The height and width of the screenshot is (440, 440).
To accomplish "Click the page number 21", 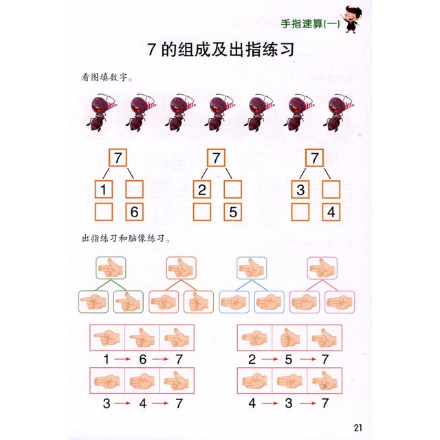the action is [x=357, y=428].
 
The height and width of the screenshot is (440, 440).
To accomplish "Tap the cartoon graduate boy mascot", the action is [x=352, y=20].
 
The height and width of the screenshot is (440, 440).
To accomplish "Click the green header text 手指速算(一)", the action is [x=310, y=24].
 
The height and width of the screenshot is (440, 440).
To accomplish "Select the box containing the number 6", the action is [x=135, y=212].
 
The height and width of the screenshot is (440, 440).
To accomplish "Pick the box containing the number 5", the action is [x=233, y=212].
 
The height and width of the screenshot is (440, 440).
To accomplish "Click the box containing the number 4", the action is [x=331, y=212].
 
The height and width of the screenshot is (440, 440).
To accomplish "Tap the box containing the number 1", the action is [x=104, y=190].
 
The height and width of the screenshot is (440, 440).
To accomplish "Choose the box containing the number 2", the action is [x=202, y=190].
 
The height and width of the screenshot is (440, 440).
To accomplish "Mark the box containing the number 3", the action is [x=300, y=190].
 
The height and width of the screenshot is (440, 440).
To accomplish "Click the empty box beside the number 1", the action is [x=135, y=190].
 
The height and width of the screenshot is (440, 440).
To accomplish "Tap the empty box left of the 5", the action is [x=202, y=212].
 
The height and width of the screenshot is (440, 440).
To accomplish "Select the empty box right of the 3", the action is [x=331, y=190].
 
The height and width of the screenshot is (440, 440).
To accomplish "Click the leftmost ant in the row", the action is [x=101, y=113].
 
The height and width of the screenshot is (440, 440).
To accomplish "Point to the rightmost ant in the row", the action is [x=339, y=113].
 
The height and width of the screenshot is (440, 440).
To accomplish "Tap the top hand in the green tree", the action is [x=111, y=268].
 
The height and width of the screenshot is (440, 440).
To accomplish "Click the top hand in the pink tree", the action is [x=322, y=268].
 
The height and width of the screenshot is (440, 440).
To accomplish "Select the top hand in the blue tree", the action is [x=252, y=268].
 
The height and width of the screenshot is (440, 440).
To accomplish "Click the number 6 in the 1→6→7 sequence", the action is [x=143, y=359].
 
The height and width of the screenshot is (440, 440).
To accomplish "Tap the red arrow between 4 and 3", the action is [x=270, y=404].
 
